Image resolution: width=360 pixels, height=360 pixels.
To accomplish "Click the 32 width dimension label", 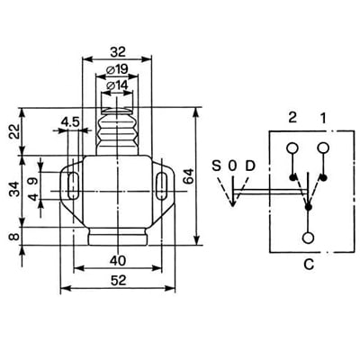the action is (x=117, y=52).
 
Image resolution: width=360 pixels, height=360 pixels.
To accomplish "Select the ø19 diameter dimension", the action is (x=117, y=70).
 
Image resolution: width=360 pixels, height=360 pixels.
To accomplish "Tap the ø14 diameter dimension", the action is (x=117, y=85).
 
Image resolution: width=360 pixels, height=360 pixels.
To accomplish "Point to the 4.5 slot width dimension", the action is (x=70, y=122).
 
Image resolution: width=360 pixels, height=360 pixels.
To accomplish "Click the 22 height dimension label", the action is (x=14, y=131).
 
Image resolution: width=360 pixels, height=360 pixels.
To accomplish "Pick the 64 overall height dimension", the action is (x=189, y=176).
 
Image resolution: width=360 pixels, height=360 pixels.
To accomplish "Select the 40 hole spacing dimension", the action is (x=118, y=261).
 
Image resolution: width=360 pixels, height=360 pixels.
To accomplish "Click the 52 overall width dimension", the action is (x=119, y=281).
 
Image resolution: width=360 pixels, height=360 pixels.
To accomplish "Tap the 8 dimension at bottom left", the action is (x=14, y=237).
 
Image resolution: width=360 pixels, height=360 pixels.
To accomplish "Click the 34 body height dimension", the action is (x=14, y=189).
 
